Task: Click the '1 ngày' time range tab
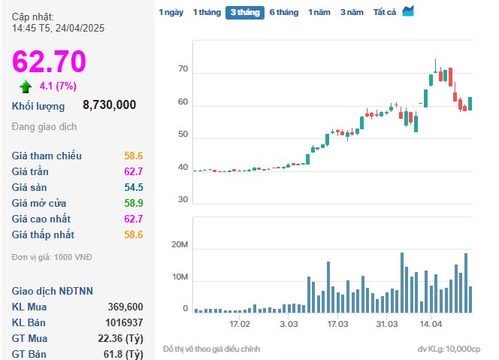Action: [x=171, y=13]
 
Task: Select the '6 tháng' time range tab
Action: [x=284, y=13]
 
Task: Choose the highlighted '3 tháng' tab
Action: [x=245, y=13]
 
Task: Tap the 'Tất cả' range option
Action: [x=385, y=13]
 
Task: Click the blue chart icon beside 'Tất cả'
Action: [x=408, y=11]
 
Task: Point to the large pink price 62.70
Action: [x=49, y=61]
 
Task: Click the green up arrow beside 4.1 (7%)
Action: [x=26, y=86]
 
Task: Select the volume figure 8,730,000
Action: [x=109, y=104]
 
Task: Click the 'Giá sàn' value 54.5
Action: [x=134, y=187]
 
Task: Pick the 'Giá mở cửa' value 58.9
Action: [x=134, y=203]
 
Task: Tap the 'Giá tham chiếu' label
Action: [x=47, y=156]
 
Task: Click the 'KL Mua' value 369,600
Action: [x=126, y=307]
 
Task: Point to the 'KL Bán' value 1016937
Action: [x=124, y=322]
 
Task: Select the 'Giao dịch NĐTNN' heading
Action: [x=53, y=291]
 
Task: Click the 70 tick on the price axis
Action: [x=183, y=68]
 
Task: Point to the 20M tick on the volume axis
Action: [x=180, y=245]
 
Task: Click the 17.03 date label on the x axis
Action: [x=337, y=324]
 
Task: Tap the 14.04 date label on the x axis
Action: [x=431, y=324]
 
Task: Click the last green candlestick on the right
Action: [x=470, y=104]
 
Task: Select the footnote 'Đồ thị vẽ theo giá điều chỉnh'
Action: [x=212, y=349]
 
